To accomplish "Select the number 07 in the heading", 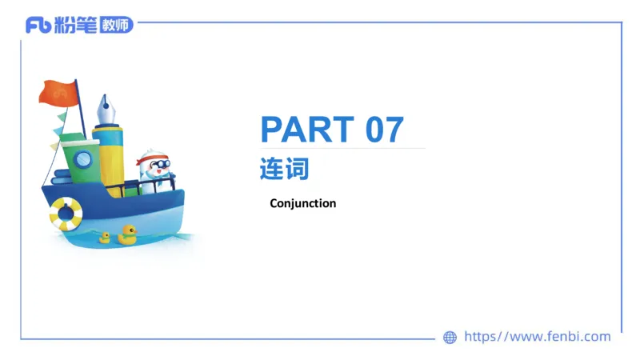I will [385, 130].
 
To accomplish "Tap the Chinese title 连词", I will [284, 170].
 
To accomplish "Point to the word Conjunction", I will [303, 203].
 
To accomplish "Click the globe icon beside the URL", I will [450, 338].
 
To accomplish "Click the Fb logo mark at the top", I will [38, 25].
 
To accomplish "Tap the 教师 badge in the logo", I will [117, 25].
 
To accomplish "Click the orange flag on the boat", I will [58, 93].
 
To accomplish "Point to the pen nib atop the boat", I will [106, 107].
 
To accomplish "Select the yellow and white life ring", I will [66, 214].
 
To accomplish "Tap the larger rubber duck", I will [126, 234].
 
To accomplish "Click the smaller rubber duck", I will [104, 238].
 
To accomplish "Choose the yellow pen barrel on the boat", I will [110, 156].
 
